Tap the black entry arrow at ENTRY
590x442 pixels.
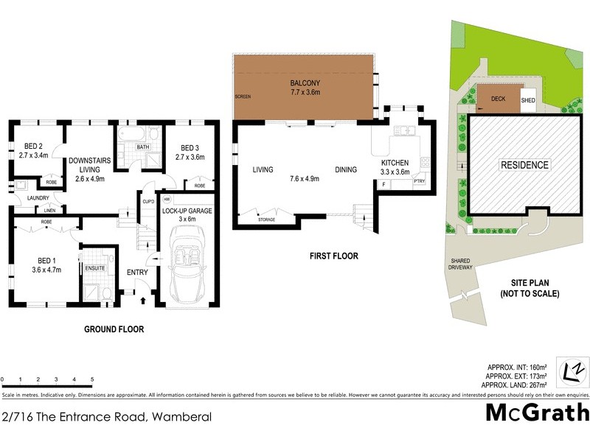(x=143, y=300)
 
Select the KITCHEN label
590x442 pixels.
(x=395, y=162)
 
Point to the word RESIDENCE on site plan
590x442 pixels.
(x=524, y=165)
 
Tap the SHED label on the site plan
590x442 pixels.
(x=528, y=101)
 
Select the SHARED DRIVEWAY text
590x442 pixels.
(x=464, y=264)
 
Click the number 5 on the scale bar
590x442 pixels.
(x=92, y=379)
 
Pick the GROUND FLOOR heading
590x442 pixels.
(x=114, y=329)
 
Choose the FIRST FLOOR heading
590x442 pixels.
(x=332, y=256)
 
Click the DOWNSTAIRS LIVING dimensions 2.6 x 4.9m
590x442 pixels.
(x=86, y=178)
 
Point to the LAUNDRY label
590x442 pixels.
(x=38, y=197)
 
